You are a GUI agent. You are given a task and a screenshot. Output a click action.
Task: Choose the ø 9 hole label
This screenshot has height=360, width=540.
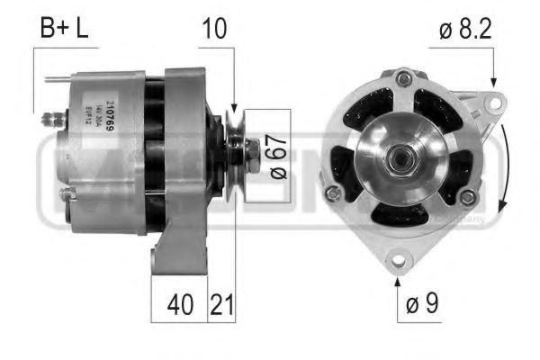point(419,304)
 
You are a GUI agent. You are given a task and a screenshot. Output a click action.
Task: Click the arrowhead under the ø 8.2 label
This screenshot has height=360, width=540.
point(493,82)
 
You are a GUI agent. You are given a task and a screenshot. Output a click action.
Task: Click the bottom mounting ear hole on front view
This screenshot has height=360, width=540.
point(397,262)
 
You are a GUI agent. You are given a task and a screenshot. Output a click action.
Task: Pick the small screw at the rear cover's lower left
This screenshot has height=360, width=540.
point(63,193)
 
